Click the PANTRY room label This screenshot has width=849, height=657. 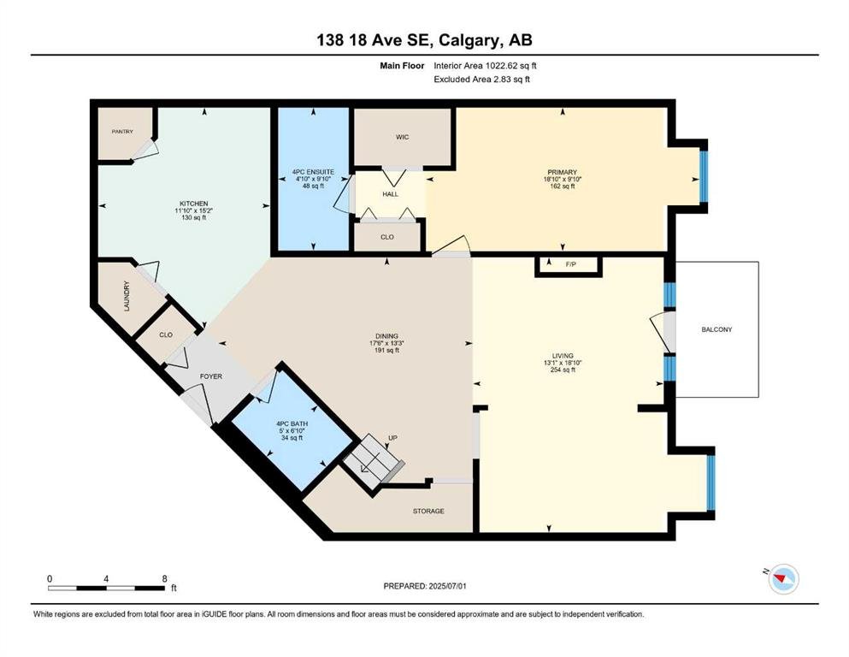pyautogui.click(x=122, y=132)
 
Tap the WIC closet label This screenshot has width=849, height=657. pyautogui.click(x=403, y=137)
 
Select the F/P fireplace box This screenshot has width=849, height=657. pyautogui.click(x=569, y=265)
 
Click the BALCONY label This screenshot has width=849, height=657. pyautogui.click(x=716, y=329)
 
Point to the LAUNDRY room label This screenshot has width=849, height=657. pyautogui.click(x=127, y=296)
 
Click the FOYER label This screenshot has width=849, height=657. pyautogui.click(x=211, y=376)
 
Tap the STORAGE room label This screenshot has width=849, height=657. pyautogui.click(x=428, y=511)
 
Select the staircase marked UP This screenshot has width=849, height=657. pyautogui.click(x=374, y=459)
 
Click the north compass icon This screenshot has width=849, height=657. pyautogui.click(x=783, y=578)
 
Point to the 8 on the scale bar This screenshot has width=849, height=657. pyautogui.click(x=165, y=578)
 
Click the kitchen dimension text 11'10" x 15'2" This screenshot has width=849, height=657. pyautogui.click(x=194, y=210)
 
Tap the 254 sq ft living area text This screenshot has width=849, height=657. pyautogui.click(x=563, y=370)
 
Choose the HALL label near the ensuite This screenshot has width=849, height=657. pyautogui.click(x=391, y=194)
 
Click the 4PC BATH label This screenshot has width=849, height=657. pyautogui.click(x=292, y=424)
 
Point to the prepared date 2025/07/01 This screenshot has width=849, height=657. pyautogui.click(x=447, y=586)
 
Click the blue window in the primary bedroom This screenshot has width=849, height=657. pyautogui.click(x=704, y=175)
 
